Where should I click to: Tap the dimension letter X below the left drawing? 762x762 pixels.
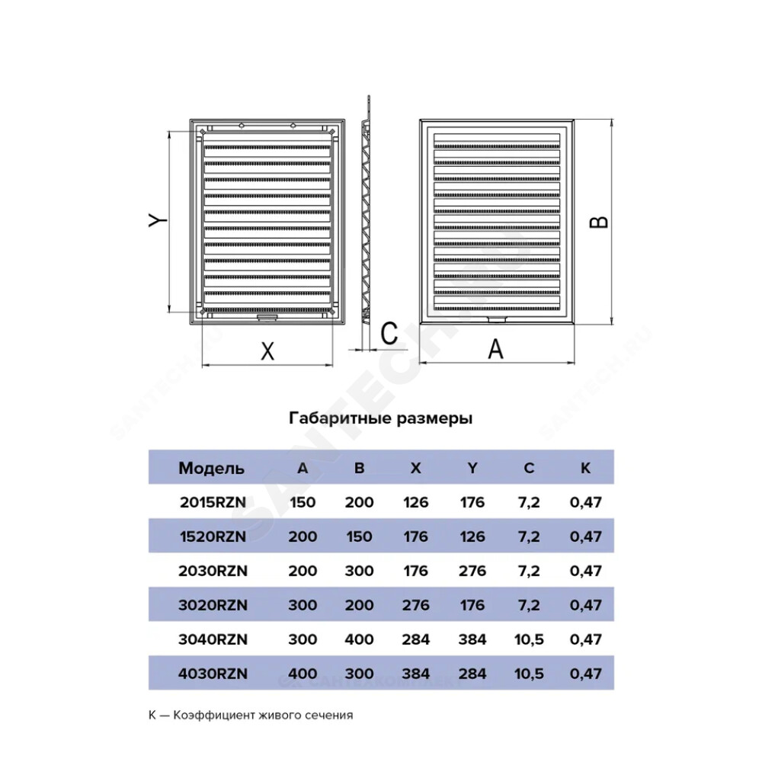[x=267, y=351]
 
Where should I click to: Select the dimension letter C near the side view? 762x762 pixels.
[x=389, y=334]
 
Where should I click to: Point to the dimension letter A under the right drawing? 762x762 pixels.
[x=495, y=349]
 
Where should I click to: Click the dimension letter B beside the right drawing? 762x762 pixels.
[x=599, y=222]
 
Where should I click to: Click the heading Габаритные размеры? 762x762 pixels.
[x=380, y=418]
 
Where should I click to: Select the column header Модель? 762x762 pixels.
[x=211, y=468]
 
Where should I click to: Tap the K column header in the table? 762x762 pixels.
[x=585, y=468]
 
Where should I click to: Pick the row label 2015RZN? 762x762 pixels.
[x=213, y=502]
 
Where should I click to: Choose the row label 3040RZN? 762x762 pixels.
[x=213, y=639]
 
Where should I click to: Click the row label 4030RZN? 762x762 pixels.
[x=213, y=674]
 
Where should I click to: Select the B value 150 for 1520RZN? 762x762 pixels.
[x=359, y=536]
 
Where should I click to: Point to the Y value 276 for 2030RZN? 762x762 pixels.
[x=472, y=571]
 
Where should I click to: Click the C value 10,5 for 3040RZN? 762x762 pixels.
[x=529, y=639]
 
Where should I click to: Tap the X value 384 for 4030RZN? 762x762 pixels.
[x=415, y=674]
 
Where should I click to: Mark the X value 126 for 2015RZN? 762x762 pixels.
[x=415, y=502]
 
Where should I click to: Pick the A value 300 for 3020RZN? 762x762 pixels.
[x=303, y=605]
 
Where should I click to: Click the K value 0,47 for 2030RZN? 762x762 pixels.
[x=585, y=571]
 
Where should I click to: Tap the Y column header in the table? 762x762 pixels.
[x=472, y=468]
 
